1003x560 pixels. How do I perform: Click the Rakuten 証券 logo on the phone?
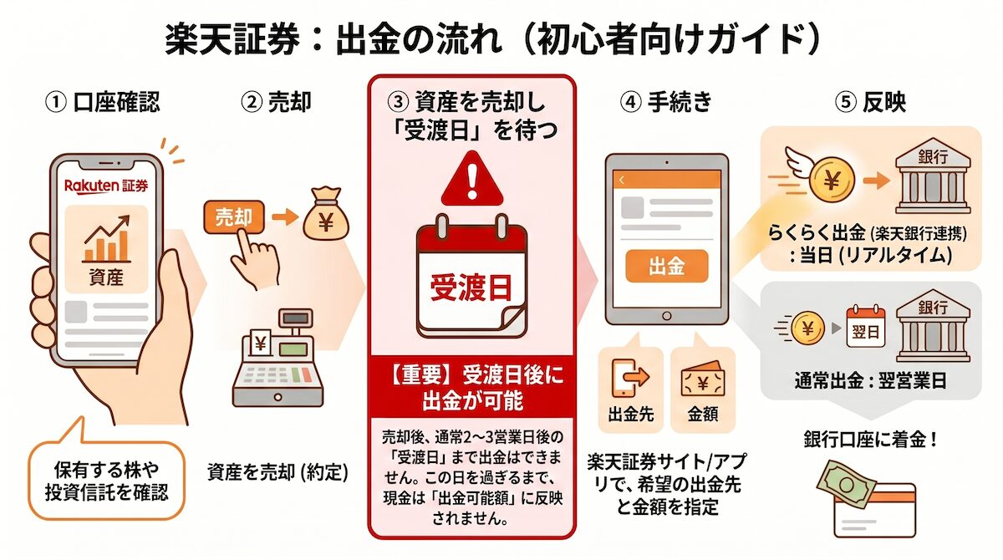tap(104, 186)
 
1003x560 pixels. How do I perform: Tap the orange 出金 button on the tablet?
tap(666, 267)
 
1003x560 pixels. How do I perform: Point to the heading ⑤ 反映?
tap(871, 103)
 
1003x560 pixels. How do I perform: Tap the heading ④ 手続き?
tap(666, 103)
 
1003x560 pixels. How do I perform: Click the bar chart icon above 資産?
tap(105, 240)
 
